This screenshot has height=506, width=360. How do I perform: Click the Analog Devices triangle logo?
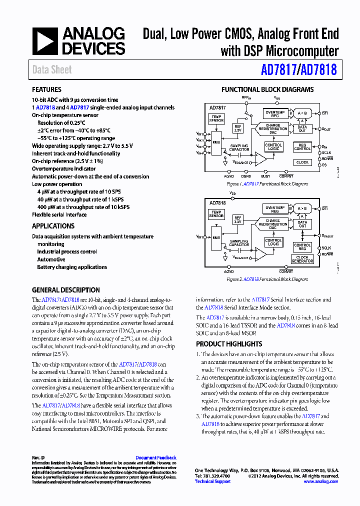click(x=45, y=41)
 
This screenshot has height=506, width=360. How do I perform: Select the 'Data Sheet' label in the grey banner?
click(x=52, y=70)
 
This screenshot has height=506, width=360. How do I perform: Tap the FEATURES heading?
click(x=46, y=90)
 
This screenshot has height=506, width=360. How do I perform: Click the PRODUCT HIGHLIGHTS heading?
click(x=229, y=344)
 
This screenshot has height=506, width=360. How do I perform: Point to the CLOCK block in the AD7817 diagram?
click(x=302, y=162)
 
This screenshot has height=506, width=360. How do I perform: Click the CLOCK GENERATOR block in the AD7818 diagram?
click(x=302, y=259)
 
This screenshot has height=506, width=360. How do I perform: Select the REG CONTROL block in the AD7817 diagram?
click(x=302, y=147)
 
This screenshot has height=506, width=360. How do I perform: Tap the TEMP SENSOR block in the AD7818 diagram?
click(x=216, y=214)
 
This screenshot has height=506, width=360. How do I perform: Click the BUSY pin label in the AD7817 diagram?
click(x=265, y=176)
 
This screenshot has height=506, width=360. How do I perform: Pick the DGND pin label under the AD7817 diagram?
click(x=246, y=176)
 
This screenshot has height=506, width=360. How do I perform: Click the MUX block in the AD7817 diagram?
click(x=216, y=142)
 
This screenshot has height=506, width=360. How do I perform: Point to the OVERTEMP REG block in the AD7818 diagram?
click(x=275, y=209)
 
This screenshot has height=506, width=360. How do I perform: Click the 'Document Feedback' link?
click(x=156, y=457)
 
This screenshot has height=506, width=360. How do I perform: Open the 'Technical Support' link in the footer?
click(x=212, y=481)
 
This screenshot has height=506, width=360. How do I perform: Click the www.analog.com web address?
click(x=321, y=481)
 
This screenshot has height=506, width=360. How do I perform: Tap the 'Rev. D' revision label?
click(x=38, y=457)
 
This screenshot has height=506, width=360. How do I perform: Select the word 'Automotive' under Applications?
click(x=51, y=259)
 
